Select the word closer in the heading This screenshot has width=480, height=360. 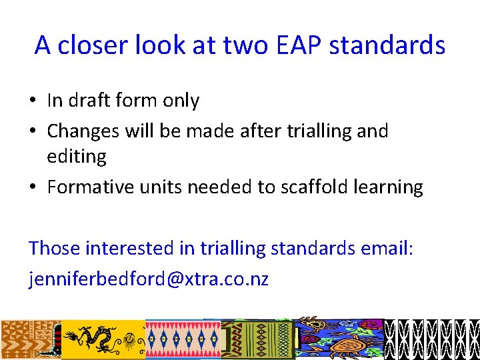coord(99,45)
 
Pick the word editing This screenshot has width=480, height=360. coord(77,157)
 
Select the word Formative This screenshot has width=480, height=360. coord(91,187)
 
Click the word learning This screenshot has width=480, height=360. coord(389,187)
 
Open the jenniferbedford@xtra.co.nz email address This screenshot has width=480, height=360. coord(149,279)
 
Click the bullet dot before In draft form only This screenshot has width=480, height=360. coord(33,101)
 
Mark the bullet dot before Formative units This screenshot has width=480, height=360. coord(33,188)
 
